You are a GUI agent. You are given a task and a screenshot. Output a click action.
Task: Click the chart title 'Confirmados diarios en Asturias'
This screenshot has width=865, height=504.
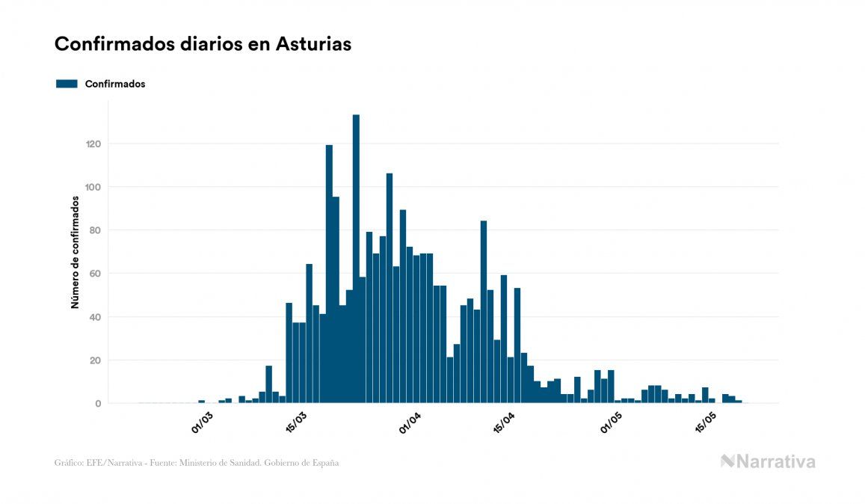203,44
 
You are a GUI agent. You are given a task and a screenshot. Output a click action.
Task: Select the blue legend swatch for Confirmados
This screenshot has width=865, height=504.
67,84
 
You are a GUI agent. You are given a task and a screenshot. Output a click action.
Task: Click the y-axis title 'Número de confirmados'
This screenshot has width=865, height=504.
75,253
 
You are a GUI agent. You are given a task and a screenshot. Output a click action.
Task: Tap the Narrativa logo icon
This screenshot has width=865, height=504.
727,461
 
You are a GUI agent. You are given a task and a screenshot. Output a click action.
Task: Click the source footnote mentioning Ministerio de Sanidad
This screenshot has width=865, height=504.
197,463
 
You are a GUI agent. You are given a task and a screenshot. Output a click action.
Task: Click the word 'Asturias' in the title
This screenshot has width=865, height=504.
313,44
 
